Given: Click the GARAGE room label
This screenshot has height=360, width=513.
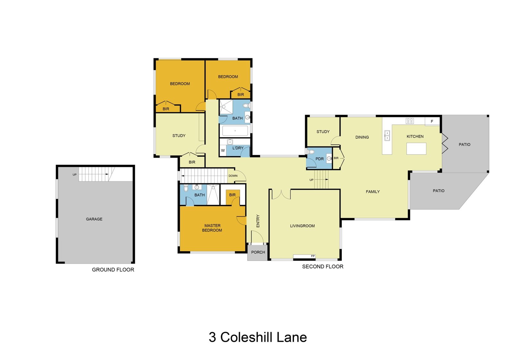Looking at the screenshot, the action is click(94, 219).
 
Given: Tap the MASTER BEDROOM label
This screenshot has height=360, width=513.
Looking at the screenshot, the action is click(212, 228).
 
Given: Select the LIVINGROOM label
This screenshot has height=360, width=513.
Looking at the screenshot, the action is click(302, 226).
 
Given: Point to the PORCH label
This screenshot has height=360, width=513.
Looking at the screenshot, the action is click(258, 252).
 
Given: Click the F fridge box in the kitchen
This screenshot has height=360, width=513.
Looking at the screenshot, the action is click(432, 121).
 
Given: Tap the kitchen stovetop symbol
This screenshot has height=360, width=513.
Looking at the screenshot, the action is click(410, 121).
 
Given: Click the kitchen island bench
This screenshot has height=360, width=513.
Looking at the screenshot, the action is click(416, 149).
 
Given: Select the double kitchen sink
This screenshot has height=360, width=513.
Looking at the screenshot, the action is click(387, 135).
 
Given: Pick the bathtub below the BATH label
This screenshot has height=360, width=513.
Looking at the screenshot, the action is click(235, 131).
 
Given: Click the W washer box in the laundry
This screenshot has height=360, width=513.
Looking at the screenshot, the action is click(223, 150).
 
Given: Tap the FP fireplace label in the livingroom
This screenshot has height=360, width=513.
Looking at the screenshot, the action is click(313, 256).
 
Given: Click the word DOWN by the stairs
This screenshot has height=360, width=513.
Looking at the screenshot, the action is click(233, 176).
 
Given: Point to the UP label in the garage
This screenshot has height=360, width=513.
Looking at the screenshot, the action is click(75, 174).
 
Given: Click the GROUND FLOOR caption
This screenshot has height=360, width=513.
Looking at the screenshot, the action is click(113, 270).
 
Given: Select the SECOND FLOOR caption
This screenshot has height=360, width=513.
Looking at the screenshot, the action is click(323, 267).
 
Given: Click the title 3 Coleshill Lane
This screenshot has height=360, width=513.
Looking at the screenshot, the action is click(258, 337).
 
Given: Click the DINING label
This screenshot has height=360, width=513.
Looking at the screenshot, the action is click(362, 137).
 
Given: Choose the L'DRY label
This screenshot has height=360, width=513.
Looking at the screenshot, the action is click(238, 148).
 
